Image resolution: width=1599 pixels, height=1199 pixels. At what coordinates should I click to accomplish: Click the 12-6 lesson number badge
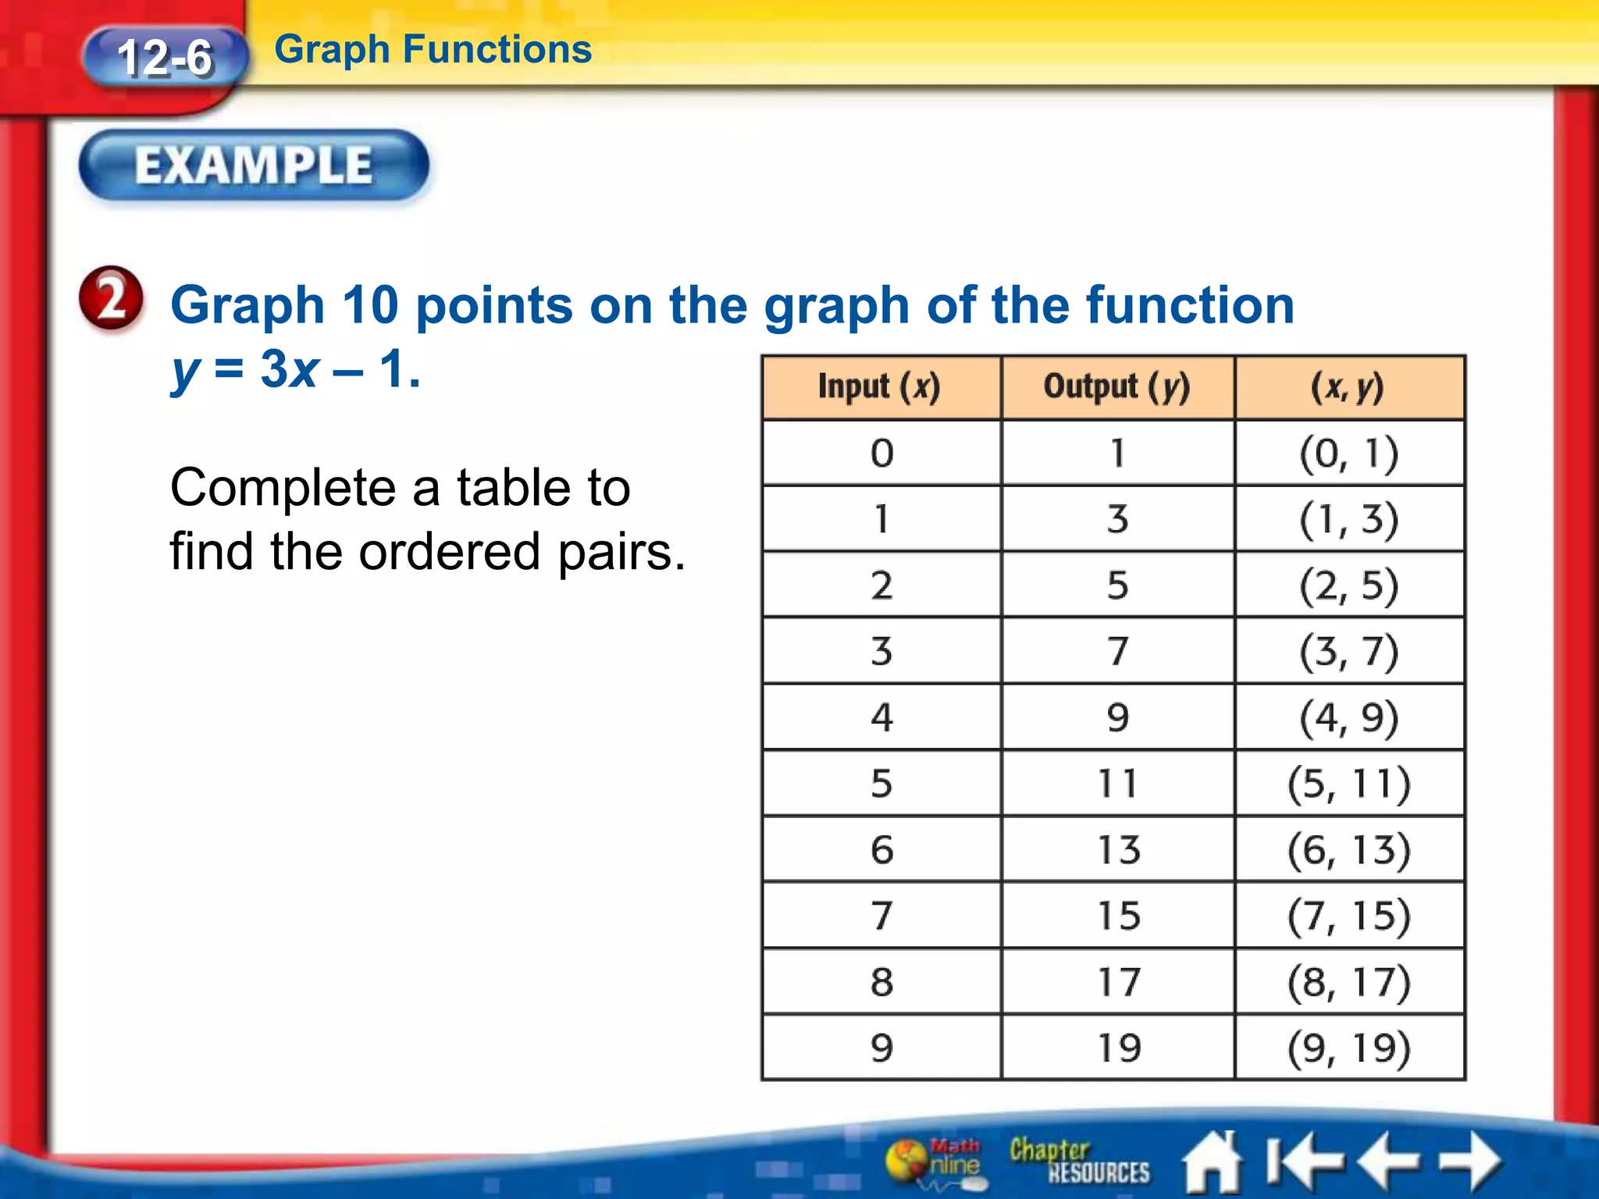click(165, 58)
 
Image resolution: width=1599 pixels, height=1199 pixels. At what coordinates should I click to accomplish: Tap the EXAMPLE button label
click(254, 165)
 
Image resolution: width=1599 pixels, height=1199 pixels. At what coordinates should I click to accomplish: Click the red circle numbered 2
click(112, 299)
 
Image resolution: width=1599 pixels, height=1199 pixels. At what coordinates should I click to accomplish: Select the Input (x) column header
click(880, 387)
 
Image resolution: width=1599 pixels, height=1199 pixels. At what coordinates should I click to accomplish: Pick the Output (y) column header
click(1117, 387)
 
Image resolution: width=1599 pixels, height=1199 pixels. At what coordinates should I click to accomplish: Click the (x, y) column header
click(1348, 387)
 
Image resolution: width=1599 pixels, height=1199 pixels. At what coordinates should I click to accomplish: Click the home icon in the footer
click(1213, 1162)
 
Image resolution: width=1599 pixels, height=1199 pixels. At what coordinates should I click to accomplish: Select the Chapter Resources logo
click(1078, 1161)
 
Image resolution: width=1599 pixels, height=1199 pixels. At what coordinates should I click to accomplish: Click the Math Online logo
click(937, 1161)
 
